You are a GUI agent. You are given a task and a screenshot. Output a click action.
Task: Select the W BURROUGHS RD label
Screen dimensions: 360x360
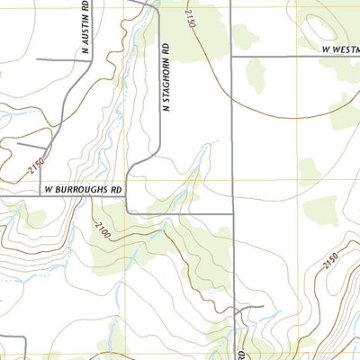click(x=82, y=191)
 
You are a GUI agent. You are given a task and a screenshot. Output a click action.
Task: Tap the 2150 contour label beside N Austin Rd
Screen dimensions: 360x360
click(x=37, y=166)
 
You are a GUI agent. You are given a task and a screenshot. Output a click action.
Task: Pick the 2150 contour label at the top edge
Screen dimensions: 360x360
click(x=190, y=15)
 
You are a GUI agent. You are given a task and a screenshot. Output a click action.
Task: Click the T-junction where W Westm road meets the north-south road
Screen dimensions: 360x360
click(x=232, y=57)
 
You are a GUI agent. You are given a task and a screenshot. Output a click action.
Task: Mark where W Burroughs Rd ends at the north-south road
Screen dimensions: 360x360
click(x=232, y=213)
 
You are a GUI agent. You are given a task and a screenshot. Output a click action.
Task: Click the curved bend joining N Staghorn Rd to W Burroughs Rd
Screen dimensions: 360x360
click(x=131, y=171)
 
